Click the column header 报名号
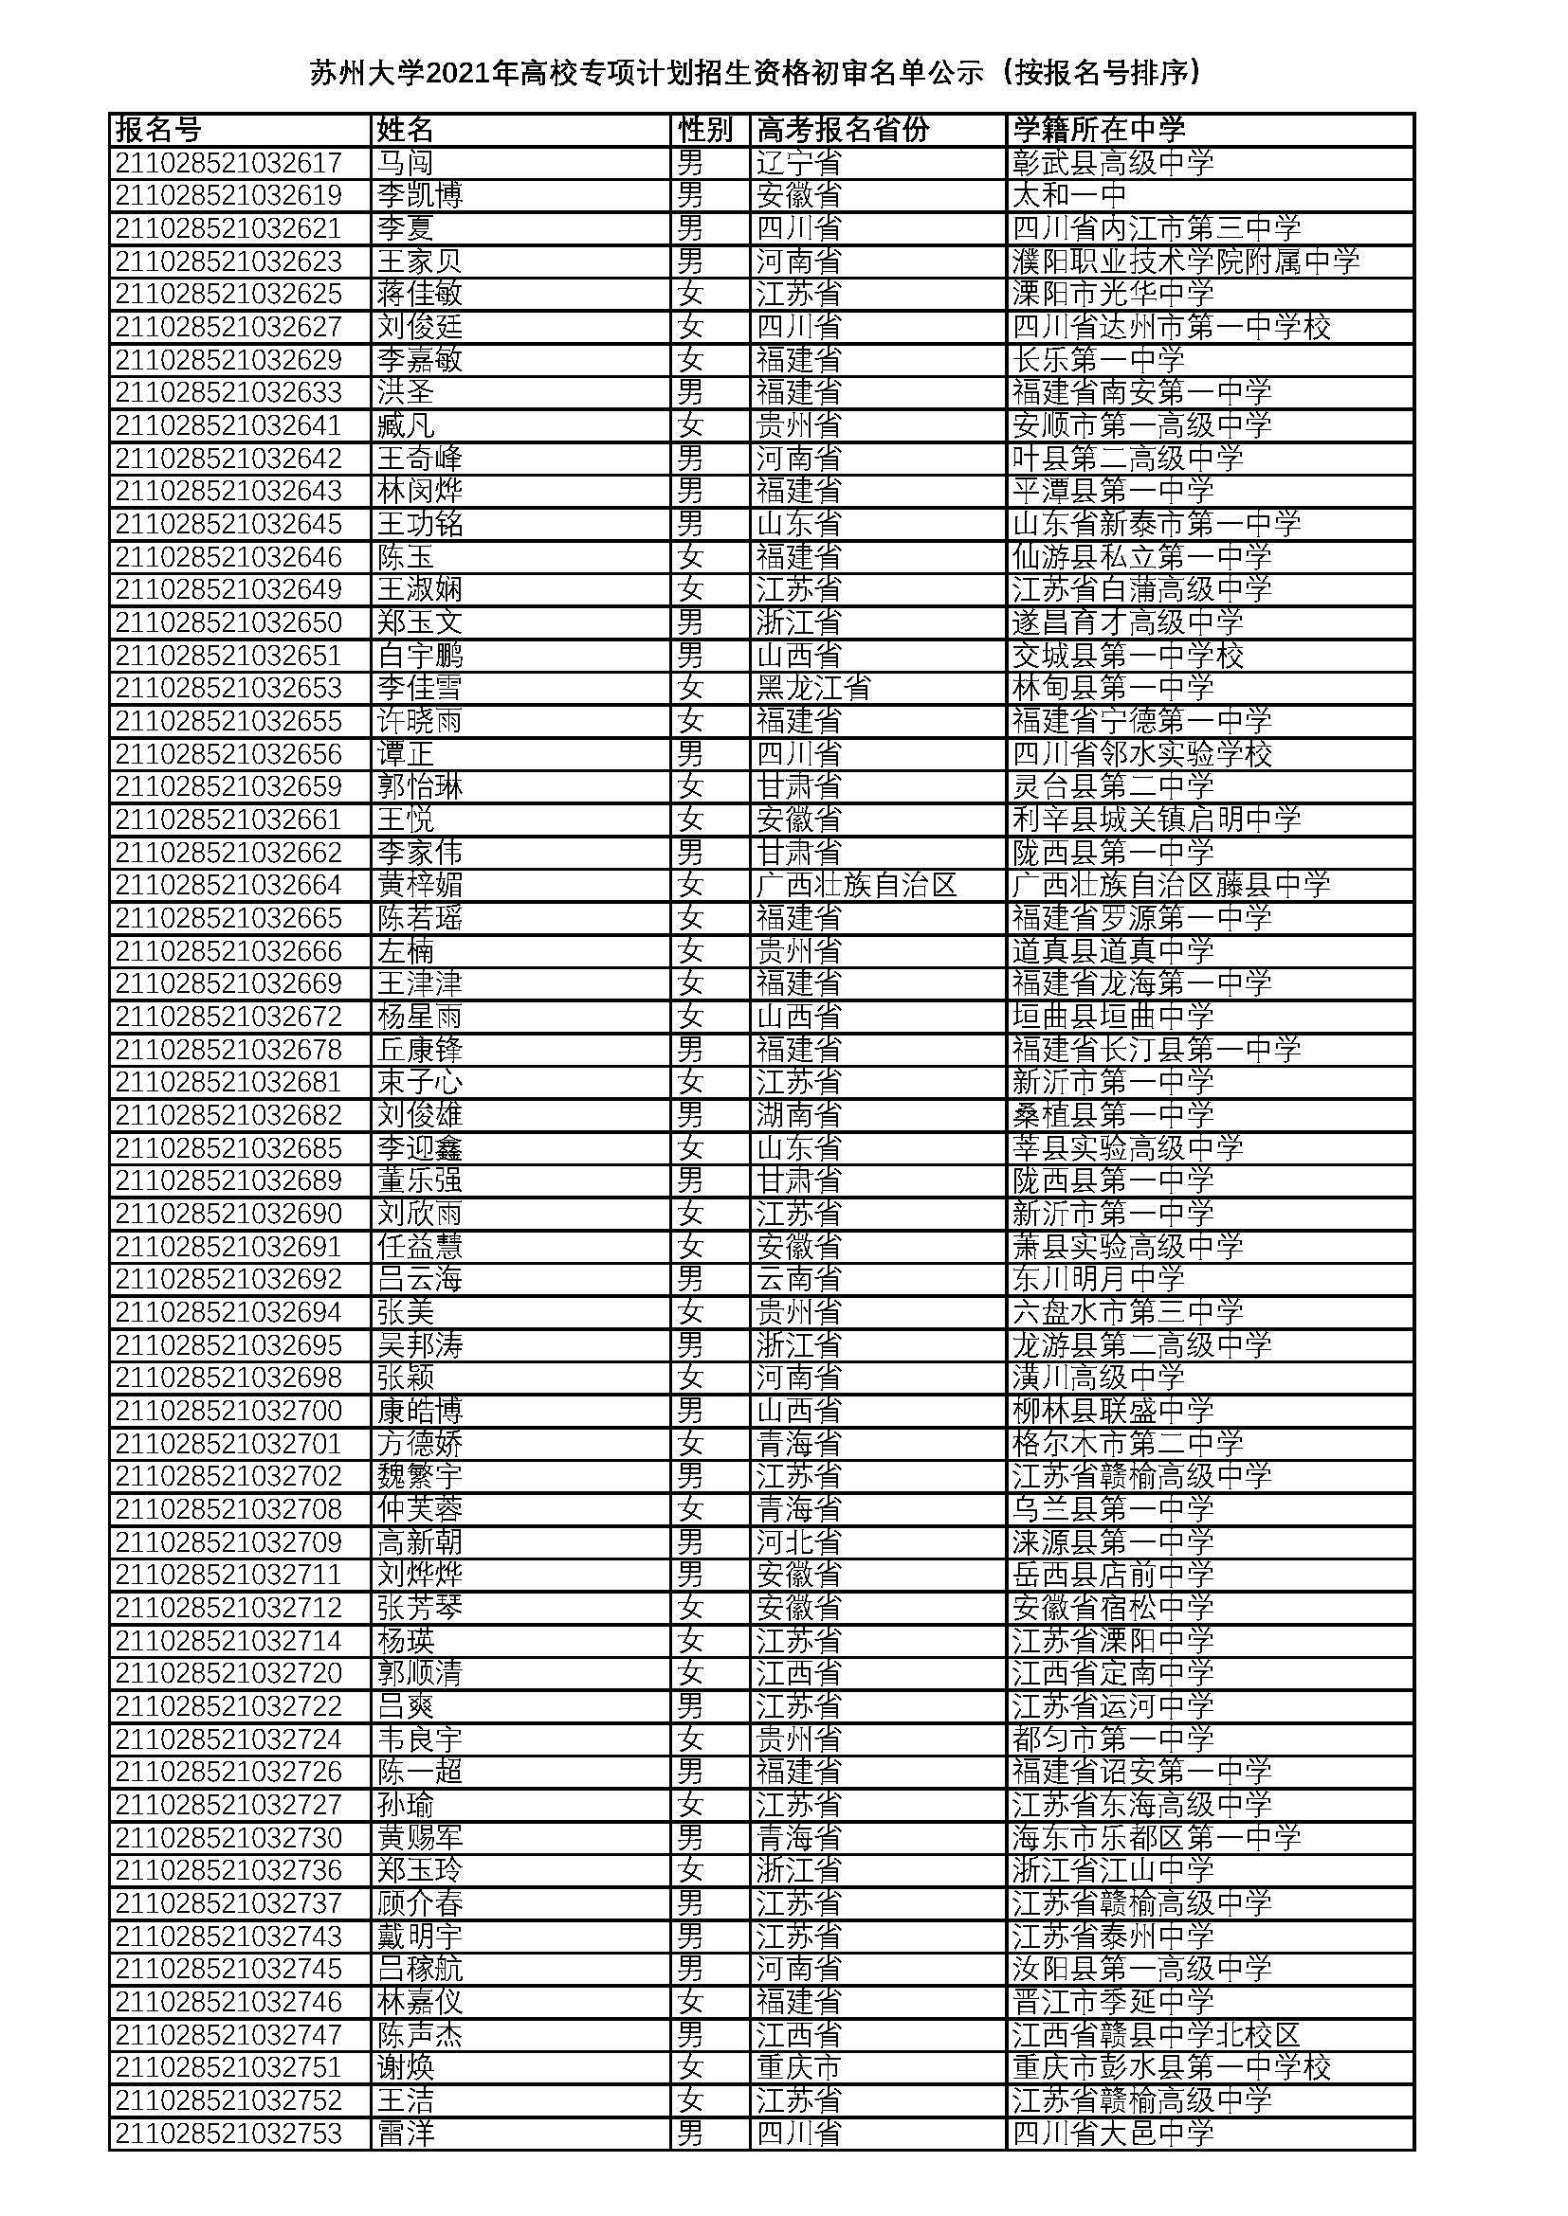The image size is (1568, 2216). pyautogui.click(x=158, y=130)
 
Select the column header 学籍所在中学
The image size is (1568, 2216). pyautogui.click(x=1098, y=130)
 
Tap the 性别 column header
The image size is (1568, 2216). pyautogui.click(x=706, y=130)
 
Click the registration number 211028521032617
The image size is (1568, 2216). pyautogui.click(x=228, y=162)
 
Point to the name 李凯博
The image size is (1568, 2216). pyautogui.click(x=420, y=195)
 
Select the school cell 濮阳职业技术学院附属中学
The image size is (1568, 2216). pyautogui.click(x=1186, y=261)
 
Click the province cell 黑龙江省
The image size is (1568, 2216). pyautogui.click(x=813, y=688)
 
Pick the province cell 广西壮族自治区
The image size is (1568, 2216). pyautogui.click(x=856, y=885)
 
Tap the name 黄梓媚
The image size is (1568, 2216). pyautogui.click(x=420, y=885)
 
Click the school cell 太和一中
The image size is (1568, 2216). pyautogui.click(x=1068, y=195)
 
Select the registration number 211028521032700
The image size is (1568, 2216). pyautogui.click(x=228, y=1411)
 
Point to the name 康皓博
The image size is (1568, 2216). pyautogui.click(x=420, y=1411)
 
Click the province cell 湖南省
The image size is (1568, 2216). pyautogui.click(x=798, y=1115)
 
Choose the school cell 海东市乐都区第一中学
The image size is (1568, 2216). pyautogui.click(x=1157, y=1838)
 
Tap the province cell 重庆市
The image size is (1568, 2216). pyautogui.click(x=798, y=2067)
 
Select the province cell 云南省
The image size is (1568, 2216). pyautogui.click(x=798, y=1279)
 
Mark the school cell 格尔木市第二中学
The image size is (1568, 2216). pyautogui.click(x=1128, y=1444)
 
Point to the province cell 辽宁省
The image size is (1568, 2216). pyautogui.click(x=798, y=162)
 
